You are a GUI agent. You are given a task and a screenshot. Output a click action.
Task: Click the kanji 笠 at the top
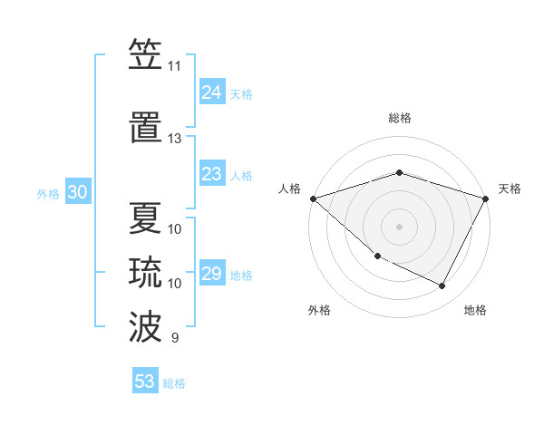(145, 56)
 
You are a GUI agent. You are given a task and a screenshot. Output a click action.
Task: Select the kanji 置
(145, 129)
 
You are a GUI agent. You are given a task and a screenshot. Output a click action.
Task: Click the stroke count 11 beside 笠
(174, 66)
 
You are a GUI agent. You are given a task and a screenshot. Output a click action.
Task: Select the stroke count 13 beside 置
(174, 139)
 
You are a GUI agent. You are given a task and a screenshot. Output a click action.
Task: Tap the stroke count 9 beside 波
(174, 338)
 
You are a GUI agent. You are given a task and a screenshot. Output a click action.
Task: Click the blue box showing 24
(211, 92)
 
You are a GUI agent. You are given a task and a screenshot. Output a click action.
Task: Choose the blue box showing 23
(211, 174)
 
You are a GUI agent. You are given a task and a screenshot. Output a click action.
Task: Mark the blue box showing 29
(211, 274)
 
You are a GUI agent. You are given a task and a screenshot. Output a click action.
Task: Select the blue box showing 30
(77, 192)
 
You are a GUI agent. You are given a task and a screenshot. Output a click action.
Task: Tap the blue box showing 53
(145, 381)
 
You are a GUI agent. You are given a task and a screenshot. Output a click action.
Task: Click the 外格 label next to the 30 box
(48, 193)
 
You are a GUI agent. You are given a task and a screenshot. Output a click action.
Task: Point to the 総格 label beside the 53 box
(174, 383)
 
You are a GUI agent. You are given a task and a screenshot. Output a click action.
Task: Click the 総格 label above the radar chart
(400, 118)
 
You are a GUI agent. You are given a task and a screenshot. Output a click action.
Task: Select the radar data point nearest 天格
(485, 198)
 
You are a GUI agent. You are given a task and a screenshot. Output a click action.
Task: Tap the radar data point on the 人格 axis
(313, 198)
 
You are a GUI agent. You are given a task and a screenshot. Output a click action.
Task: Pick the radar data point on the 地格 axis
(442, 286)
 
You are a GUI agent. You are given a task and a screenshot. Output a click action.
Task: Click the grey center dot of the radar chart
(399, 226)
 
